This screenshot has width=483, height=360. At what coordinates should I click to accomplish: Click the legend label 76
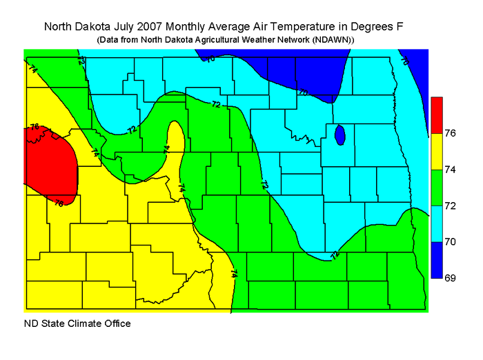coord(451,133)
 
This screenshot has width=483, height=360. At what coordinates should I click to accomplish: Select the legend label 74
coord(451,169)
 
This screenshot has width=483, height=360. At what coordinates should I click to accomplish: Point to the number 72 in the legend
coord(451,206)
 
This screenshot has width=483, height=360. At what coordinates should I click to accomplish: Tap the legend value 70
coord(451,242)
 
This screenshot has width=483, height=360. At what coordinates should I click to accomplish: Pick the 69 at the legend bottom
coord(451,278)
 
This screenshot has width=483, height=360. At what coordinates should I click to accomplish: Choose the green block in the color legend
coord(436,187)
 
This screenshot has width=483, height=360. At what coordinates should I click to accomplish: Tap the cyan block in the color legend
coord(436,223)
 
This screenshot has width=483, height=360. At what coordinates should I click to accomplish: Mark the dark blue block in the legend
coord(436,260)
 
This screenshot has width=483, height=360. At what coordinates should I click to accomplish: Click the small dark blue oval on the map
coord(339,134)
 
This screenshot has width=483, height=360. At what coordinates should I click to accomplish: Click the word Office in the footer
coord(116,323)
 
